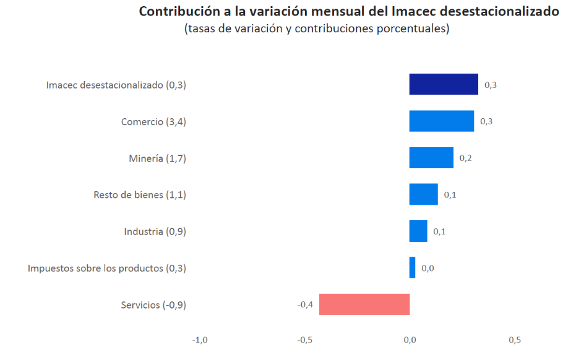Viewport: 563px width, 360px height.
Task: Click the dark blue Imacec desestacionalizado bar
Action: click(444, 84)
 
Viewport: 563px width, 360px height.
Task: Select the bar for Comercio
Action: click(442, 121)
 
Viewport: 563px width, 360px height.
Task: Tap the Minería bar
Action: click(431, 158)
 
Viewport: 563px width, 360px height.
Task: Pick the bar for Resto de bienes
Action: click(424, 194)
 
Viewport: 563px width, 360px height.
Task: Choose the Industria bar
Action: click(418, 231)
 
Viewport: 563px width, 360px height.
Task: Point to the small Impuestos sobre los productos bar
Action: click(413, 268)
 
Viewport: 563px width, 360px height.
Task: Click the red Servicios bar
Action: click(364, 304)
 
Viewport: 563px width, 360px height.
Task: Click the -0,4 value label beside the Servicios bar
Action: click(305, 304)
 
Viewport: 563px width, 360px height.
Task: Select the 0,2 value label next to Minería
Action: click(466, 158)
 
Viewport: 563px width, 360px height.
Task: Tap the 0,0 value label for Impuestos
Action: click(428, 268)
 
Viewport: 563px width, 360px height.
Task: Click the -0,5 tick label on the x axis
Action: click(304, 340)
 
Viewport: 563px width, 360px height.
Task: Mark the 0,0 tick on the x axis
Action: click(410, 340)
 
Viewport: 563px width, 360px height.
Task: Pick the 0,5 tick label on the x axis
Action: click(514, 340)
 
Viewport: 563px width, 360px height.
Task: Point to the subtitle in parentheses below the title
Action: click(316, 29)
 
